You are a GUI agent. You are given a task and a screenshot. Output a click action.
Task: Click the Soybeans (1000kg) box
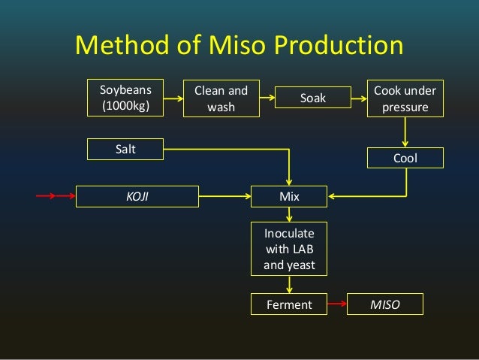pyautogui.click(x=125, y=98)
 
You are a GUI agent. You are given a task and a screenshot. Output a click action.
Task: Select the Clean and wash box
pyautogui.click(x=221, y=98)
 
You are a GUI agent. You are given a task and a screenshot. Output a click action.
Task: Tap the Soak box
pyautogui.click(x=313, y=98)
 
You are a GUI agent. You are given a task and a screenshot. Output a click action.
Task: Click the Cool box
pyautogui.click(x=405, y=158)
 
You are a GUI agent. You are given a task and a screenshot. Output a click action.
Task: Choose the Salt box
pyautogui.click(x=125, y=149)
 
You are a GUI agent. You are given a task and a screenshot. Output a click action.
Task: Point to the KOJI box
pyautogui.click(x=137, y=197)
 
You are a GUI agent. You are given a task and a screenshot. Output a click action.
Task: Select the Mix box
pyautogui.click(x=289, y=197)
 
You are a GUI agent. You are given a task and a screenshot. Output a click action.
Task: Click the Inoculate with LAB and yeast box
pyautogui.click(x=289, y=247)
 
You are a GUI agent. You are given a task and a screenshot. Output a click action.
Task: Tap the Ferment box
pyautogui.click(x=289, y=304)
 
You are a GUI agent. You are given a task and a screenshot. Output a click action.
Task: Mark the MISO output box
pyautogui.click(x=386, y=304)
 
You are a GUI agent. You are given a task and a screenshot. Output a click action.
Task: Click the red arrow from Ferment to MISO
pyautogui.click(x=338, y=304)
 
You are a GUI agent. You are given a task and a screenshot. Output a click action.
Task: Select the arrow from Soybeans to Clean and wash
pyautogui.click(x=173, y=98)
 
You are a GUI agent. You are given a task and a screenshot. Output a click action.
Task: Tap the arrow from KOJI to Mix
pyautogui.click(x=224, y=197)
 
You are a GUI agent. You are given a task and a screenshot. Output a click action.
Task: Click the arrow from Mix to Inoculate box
pyautogui.click(x=289, y=213)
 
